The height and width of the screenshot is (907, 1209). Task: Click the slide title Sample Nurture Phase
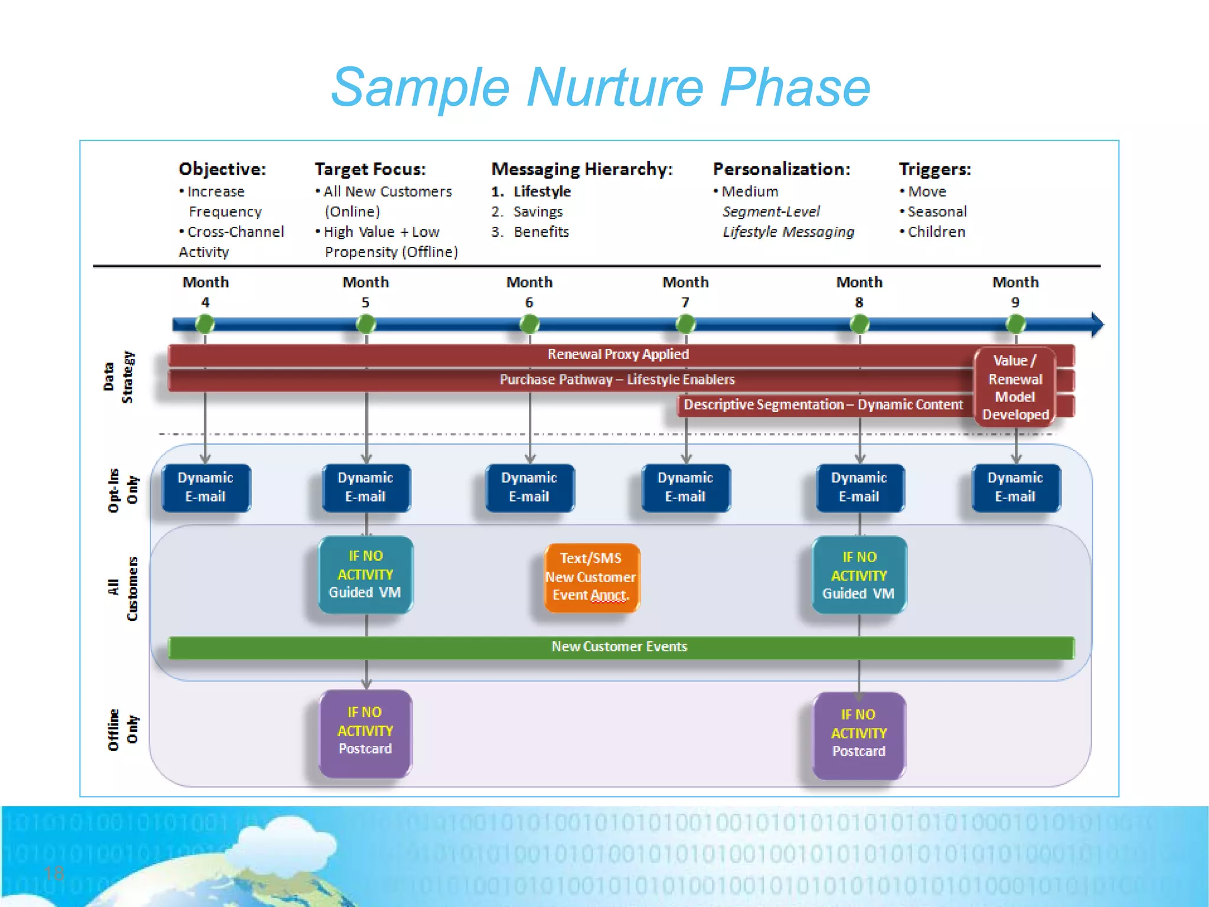click(x=600, y=87)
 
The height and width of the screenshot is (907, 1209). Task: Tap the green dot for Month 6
click(x=530, y=324)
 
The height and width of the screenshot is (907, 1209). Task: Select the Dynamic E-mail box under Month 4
click(x=206, y=488)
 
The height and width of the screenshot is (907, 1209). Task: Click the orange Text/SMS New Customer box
click(x=591, y=577)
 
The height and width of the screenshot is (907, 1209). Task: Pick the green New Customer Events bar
click(x=620, y=647)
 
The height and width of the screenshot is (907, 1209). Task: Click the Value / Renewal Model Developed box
click(x=1015, y=387)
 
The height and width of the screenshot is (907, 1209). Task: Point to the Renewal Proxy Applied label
click(x=618, y=354)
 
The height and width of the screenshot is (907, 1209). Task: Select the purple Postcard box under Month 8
click(x=859, y=734)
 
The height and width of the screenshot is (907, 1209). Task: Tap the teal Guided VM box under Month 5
click(x=365, y=575)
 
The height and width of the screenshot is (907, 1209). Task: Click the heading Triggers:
click(x=934, y=169)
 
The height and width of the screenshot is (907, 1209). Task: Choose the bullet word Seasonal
click(x=937, y=212)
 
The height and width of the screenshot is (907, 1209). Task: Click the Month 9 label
click(x=1015, y=292)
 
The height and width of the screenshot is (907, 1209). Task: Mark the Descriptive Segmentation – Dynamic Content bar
click(x=823, y=405)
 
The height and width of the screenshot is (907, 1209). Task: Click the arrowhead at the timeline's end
click(x=1096, y=324)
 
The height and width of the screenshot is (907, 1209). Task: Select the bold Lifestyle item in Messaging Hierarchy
click(x=542, y=192)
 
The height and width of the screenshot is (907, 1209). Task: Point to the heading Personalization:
click(x=782, y=169)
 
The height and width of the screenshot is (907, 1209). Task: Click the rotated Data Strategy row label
click(x=119, y=377)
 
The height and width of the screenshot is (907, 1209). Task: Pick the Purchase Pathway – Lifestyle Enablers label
click(x=617, y=380)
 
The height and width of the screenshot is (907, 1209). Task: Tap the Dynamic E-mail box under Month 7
click(x=685, y=488)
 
